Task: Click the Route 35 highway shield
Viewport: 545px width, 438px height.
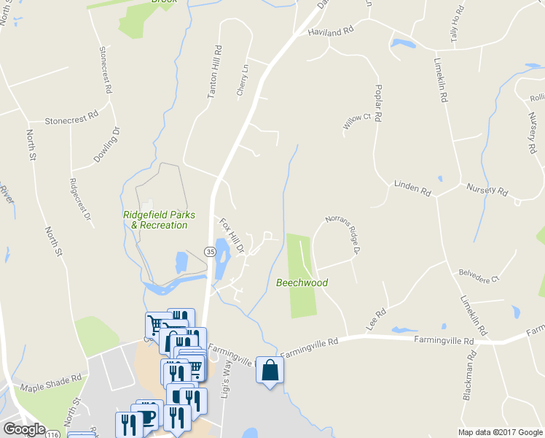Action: pyautogui.click(x=210, y=251)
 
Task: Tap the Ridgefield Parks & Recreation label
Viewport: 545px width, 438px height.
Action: pyautogui.click(x=154, y=220)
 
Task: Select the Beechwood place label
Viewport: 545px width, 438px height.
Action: pyautogui.click(x=302, y=283)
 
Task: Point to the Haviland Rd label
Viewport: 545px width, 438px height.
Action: pyautogui.click(x=330, y=32)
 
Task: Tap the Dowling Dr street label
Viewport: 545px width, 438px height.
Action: pyautogui.click(x=106, y=145)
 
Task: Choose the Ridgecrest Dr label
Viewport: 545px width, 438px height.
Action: pyautogui.click(x=79, y=199)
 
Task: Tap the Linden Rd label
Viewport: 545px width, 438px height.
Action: pyautogui.click(x=412, y=188)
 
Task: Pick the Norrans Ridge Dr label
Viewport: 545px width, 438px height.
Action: pyautogui.click(x=343, y=234)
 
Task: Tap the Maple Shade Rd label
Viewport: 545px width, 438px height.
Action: pyautogui.click(x=51, y=384)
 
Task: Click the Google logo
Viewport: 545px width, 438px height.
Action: pyautogui.click(x=23, y=429)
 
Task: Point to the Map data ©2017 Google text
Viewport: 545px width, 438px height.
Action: pyautogui.click(x=500, y=431)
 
